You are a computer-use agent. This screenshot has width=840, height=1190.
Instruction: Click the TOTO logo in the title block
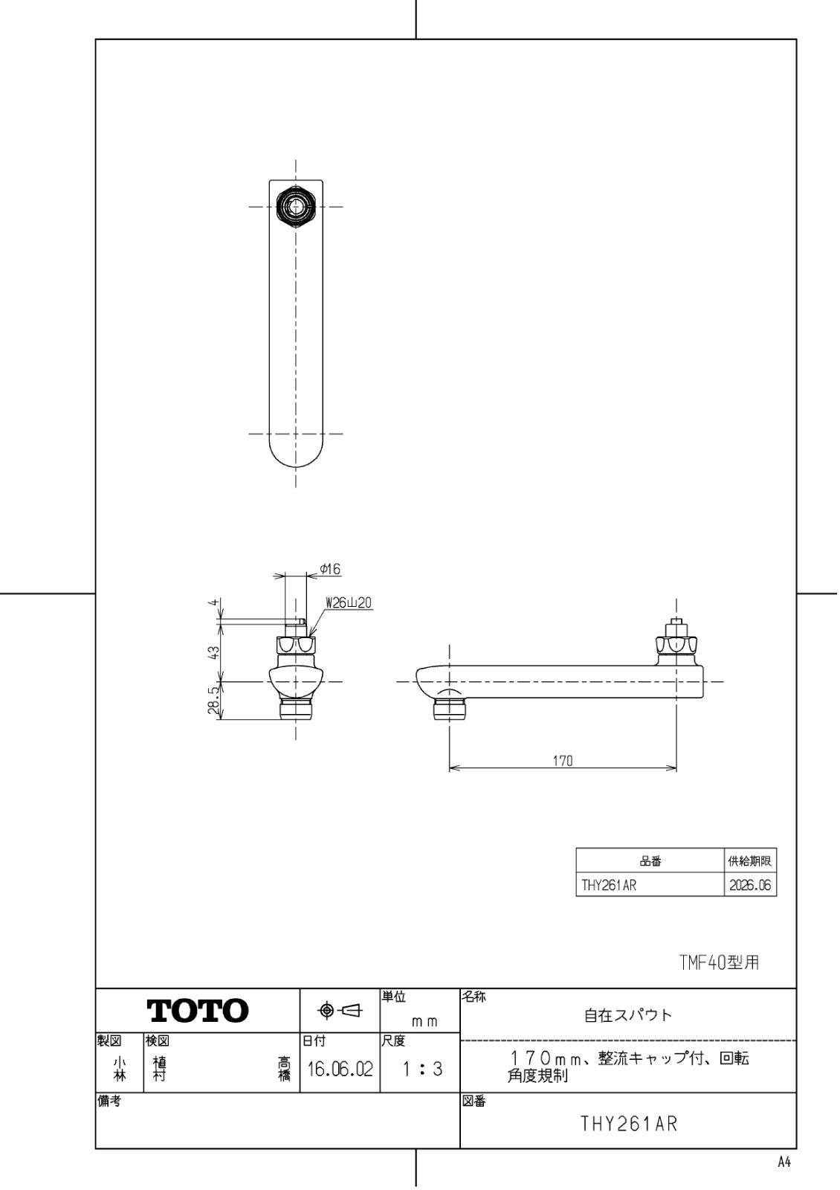[198, 1011]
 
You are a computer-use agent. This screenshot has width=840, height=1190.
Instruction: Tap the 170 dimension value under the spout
[563, 761]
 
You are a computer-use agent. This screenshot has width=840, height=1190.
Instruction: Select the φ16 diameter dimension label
[330, 569]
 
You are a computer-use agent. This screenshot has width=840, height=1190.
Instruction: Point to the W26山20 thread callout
[349, 603]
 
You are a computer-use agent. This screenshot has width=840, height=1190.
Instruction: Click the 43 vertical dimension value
[213, 652]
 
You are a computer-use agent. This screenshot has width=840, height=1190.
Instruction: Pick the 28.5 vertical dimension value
[213, 701]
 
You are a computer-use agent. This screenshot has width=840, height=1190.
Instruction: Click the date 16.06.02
[340, 1070]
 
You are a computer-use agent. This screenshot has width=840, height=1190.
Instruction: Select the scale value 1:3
[421, 1070]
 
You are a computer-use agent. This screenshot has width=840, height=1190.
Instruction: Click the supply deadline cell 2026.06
[750, 886]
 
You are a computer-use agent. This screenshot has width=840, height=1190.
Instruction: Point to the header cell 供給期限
[750, 861]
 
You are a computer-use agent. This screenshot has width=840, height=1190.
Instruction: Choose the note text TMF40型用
[719, 962]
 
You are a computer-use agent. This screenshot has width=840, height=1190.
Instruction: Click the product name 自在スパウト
[628, 1015]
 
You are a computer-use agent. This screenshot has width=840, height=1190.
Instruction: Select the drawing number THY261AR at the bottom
[629, 1124]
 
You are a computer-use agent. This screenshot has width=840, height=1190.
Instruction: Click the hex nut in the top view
[296, 205]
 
